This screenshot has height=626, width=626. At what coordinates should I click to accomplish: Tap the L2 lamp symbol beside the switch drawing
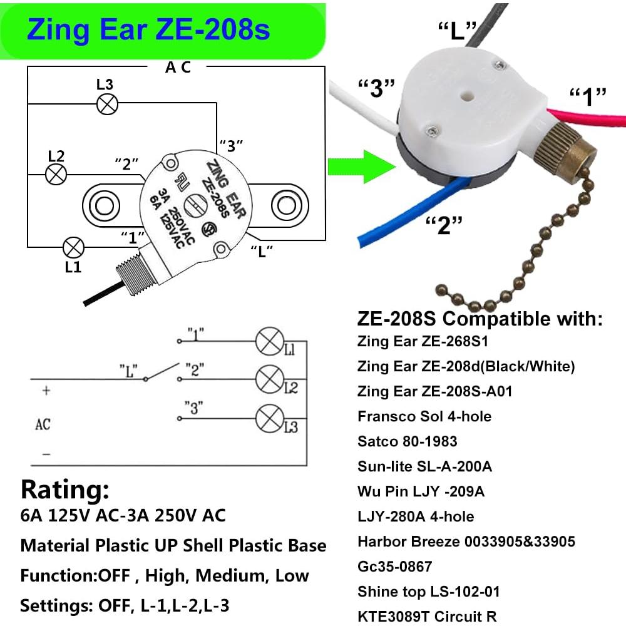point(56,174)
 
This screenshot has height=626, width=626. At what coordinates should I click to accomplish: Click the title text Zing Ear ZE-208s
point(148,29)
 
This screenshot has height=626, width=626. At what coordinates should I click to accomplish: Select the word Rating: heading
point(65,488)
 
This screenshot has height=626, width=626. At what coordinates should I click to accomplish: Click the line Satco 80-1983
point(408,441)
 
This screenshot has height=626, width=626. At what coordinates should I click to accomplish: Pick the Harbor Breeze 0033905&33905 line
point(466,541)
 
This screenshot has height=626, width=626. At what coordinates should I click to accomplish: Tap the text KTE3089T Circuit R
point(428,617)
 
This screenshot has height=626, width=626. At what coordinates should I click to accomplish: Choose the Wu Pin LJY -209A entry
point(421,491)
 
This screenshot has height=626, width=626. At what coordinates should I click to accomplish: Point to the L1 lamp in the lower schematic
point(270,342)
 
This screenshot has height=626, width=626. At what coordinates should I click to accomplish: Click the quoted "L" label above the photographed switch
point(458,30)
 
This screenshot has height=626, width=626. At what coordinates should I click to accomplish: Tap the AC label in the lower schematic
point(43,425)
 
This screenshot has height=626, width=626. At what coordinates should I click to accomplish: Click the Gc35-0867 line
point(395,567)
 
